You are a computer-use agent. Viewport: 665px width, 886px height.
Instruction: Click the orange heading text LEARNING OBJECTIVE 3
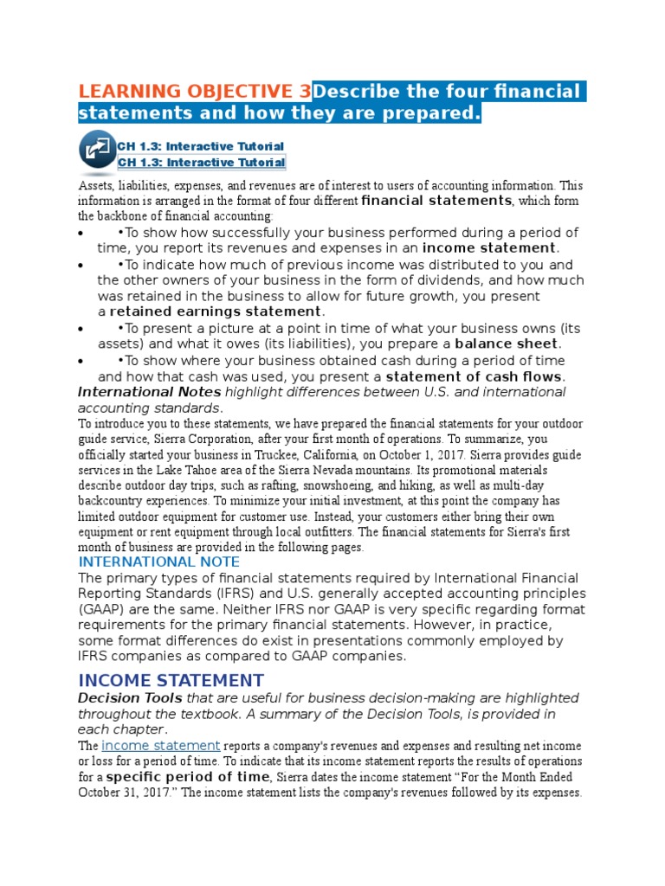pos(195,92)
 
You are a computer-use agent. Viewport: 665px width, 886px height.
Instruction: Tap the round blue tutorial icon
pos(97,148)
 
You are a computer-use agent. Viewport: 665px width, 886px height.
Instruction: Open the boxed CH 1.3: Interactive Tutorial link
pos(201,163)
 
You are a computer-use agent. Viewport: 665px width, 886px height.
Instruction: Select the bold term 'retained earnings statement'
pos(216,311)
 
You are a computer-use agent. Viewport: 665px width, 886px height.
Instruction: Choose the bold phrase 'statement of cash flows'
pos(475,376)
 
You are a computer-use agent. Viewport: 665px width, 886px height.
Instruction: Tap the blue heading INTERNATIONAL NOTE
pos(149,562)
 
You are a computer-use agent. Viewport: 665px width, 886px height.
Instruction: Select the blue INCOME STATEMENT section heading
pos(171,680)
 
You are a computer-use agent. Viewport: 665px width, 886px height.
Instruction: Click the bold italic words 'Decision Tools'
pos(130,698)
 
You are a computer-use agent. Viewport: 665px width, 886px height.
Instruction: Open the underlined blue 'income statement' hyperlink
pos(161,746)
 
